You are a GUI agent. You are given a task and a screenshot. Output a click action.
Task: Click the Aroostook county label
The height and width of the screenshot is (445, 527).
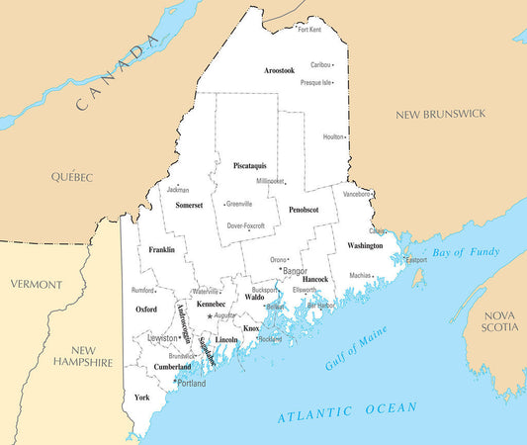click(280, 71)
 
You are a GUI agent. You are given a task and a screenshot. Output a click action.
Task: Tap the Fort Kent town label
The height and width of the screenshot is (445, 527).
click(309, 30)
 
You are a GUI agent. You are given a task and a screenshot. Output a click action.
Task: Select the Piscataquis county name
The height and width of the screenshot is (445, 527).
click(249, 165)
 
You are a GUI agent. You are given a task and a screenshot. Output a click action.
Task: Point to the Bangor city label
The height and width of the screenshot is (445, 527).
click(296, 270)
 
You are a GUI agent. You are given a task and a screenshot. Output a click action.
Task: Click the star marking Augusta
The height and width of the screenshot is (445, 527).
click(210, 315)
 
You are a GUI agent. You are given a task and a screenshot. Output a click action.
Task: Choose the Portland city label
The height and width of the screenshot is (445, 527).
click(192, 383)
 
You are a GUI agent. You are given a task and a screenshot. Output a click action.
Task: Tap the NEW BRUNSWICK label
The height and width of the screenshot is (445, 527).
click(440, 115)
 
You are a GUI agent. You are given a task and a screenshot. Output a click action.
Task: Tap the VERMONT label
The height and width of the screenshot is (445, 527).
click(36, 284)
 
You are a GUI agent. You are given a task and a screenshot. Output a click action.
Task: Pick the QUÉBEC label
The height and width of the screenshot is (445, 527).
click(72, 177)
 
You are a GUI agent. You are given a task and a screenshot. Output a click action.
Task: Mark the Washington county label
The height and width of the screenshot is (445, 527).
click(365, 245)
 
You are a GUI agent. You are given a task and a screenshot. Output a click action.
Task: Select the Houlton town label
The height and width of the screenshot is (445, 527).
click(333, 136)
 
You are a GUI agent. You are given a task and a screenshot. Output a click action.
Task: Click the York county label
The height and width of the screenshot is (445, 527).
click(142, 398)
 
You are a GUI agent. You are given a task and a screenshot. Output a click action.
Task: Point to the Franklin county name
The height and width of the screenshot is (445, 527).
click(162, 250)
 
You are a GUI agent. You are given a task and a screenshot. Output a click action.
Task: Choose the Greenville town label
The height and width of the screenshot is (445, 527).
click(239, 204)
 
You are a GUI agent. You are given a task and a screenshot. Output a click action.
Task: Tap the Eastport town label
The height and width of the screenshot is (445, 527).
click(415, 260)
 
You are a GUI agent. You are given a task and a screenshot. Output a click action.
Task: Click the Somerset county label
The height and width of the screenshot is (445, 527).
click(189, 206)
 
